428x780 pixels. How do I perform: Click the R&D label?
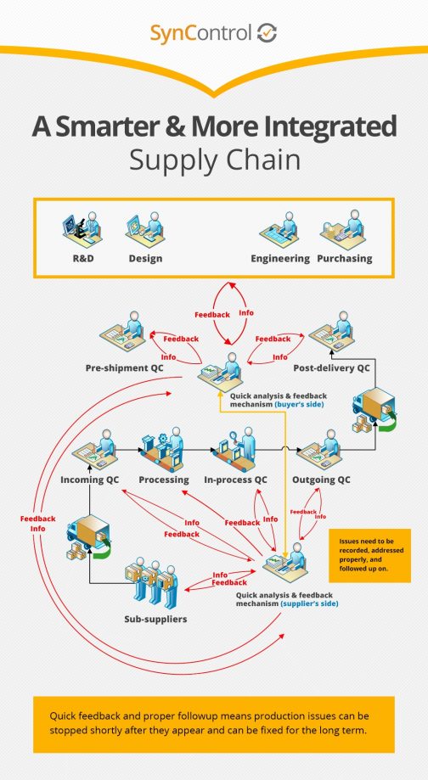point(82,258)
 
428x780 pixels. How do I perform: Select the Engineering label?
point(279,258)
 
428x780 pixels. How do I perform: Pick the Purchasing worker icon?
point(343,231)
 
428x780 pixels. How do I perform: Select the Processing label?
point(163,480)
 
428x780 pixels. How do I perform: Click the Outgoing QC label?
point(320,480)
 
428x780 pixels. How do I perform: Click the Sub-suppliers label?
point(155,619)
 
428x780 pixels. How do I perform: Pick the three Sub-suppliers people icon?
point(156,582)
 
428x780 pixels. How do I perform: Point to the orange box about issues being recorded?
point(369,556)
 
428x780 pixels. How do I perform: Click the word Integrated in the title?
point(320,127)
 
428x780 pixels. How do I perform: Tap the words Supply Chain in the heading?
point(213,160)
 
